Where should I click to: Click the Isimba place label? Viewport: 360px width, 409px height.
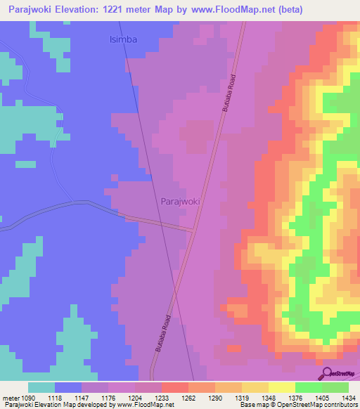[x=123, y=40]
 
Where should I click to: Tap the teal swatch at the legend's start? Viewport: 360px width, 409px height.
[x=41, y=387]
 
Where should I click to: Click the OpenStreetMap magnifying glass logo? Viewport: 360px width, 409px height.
[x=326, y=373]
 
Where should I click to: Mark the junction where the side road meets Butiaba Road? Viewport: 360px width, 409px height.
[x=194, y=229]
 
